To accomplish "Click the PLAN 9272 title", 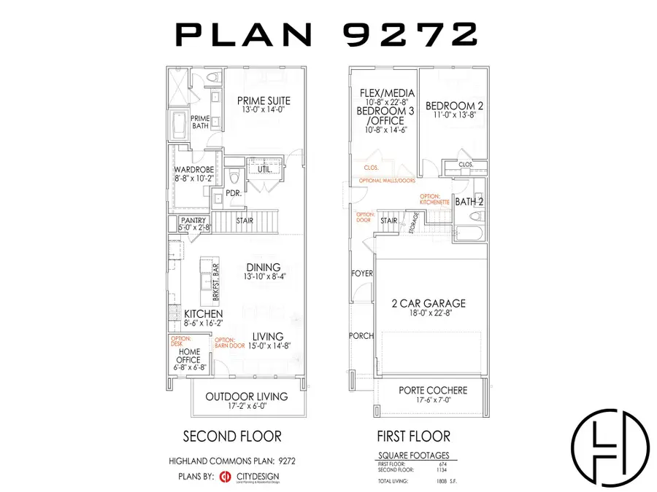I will (x=327, y=34).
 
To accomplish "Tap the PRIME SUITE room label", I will (x=264, y=101).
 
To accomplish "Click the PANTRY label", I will (x=193, y=220).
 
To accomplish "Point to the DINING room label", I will (x=264, y=268).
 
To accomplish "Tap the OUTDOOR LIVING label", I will (x=246, y=397).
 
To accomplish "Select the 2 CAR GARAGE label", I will (x=429, y=303).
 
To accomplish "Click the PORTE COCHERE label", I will (x=433, y=391).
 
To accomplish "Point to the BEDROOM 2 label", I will (x=454, y=105).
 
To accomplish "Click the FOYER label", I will (x=363, y=273).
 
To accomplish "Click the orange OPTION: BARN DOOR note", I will (x=228, y=343).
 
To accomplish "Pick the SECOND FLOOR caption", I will (x=231, y=437).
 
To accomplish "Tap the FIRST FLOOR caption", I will (x=413, y=437).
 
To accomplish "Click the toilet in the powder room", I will (x=234, y=178).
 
